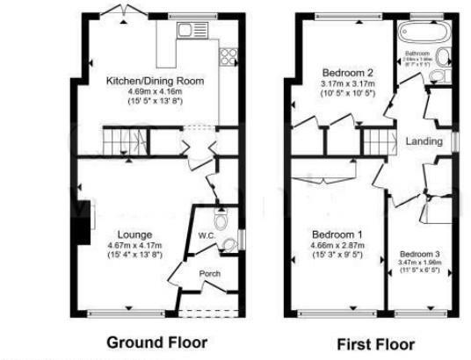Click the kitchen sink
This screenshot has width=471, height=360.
click(x=187, y=30)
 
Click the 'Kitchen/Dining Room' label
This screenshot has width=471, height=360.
click(x=155, y=81)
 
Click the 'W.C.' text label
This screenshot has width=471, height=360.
click(x=207, y=235)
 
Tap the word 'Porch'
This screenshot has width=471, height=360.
click(x=210, y=273)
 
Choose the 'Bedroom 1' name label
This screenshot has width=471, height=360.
click(x=338, y=234)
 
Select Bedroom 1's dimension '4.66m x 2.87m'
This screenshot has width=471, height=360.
click(x=339, y=245)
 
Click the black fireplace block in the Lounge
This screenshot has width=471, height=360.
click(x=84, y=230)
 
